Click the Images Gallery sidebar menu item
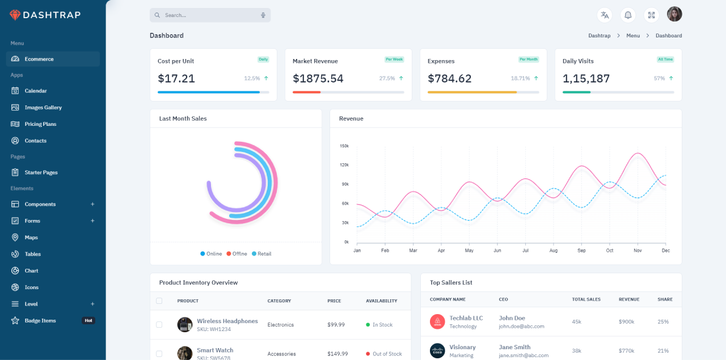pos(43,107)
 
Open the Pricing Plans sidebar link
pos(40,124)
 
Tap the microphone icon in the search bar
pos(263,15)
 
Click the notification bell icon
pos(628,15)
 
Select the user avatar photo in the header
pos(674,14)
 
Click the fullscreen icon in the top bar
pos(651,15)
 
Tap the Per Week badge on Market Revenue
pos(394,59)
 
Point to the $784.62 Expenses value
pos(449,79)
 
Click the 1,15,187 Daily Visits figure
pos(586,79)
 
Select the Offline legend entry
pos(237,254)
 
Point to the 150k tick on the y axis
pos(344,146)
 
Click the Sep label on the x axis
pos(581,251)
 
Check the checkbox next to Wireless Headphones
pos(159,325)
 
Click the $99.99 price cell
pos(336,325)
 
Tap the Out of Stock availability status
pos(387,354)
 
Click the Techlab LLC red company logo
pos(437,321)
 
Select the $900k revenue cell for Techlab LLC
pos(627,321)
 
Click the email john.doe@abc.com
pos(521,327)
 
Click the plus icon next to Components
pos(92,204)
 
